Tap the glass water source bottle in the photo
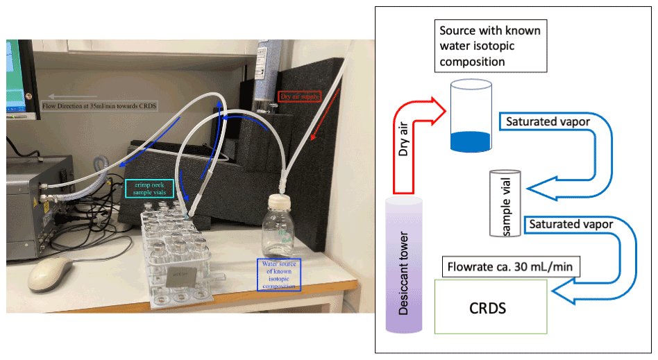(278, 228)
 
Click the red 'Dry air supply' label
(299, 96)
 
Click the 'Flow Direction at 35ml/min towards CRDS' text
(99, 106)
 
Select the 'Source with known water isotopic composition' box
(489, 46)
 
